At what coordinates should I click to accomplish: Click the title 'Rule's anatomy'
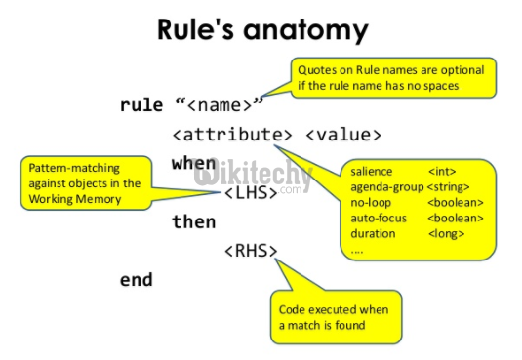click(x=262, y=29)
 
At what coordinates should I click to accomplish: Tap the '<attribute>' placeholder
click(x=231, y=135)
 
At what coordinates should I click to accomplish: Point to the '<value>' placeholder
click(x=342, y=135)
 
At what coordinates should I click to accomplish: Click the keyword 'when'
click(x=193, y=163)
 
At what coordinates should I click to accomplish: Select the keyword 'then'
click(x=193, y=221)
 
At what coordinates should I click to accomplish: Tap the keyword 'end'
click(x=136, y=279)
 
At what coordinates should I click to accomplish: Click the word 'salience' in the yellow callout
click(x=372, y=172)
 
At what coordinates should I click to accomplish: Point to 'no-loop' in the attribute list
click(x=370, y=203)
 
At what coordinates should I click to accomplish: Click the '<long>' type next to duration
click(x=446, y=234)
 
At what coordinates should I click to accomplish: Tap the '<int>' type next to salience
click(x=441, y=172)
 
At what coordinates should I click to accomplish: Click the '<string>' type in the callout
click(x=449, y=187)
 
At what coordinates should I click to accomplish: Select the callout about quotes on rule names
click(x=392, y=75)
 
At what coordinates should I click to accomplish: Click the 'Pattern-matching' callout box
click(x=84, y=183)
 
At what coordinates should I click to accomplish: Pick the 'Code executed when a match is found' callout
click(x=335, y=317)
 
